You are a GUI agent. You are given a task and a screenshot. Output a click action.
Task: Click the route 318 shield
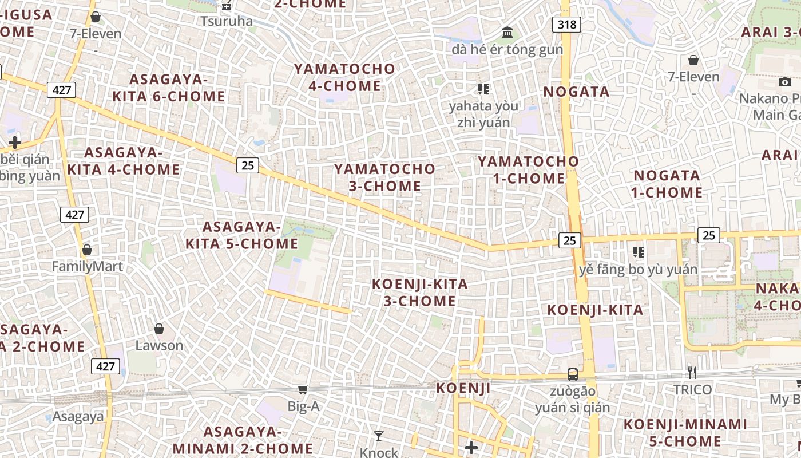click(566, 25)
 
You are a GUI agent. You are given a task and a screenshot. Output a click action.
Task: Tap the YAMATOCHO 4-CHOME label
click(344, 77)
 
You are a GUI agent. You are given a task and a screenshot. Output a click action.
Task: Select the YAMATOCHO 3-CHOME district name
click(385, 177)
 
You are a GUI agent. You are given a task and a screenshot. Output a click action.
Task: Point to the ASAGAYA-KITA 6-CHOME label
click(168, 88)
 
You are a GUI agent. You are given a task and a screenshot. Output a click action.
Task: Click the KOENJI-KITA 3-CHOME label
click(420, 293)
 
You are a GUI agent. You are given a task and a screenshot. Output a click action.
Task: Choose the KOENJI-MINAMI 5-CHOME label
click(685, 433)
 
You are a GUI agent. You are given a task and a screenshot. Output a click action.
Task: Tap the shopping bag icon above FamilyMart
click(87, 250)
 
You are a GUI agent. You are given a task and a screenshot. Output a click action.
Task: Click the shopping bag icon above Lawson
click(159, 329)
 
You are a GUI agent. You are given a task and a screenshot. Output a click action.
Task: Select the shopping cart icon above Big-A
click(303, 390)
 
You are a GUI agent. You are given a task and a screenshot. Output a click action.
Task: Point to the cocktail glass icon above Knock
click(378, 436)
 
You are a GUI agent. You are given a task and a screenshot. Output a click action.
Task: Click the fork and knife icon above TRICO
click(692, 373)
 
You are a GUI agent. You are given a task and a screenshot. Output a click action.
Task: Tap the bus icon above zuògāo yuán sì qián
click(572, 374)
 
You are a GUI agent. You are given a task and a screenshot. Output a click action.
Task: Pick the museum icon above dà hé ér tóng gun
click(507, 33)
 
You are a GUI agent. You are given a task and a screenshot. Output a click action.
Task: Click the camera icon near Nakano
click(785, 82)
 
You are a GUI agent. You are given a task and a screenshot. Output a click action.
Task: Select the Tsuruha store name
click(227, 21)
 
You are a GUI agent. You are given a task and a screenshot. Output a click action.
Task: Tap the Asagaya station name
click(78, 416)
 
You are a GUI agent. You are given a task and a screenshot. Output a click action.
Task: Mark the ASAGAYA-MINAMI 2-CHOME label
click(243, 440)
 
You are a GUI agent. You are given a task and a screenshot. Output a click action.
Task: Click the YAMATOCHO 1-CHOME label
click(529, 170)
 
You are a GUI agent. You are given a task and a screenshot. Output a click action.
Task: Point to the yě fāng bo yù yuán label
click(638, 269)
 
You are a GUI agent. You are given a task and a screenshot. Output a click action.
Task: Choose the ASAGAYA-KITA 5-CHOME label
click(241, 235)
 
